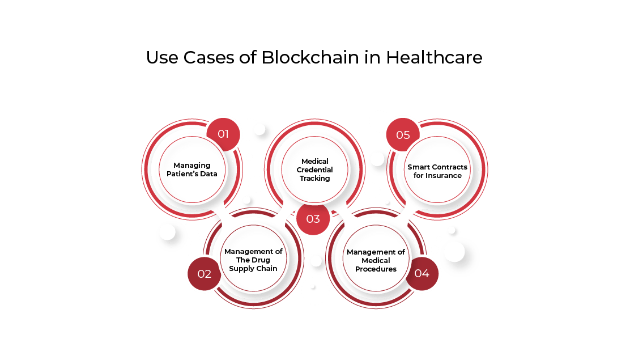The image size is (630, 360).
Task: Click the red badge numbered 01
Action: pos(223,134)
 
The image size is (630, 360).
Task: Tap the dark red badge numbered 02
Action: pos(204,274)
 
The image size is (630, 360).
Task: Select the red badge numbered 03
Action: pos(313,219)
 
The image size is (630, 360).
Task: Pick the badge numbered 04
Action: pos(422,273)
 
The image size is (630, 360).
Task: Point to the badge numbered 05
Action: pos(403,135)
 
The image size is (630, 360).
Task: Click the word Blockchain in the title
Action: pos(310,57)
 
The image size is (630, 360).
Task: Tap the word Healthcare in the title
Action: pos(435,57)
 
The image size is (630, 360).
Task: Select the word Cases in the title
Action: pos(208,57)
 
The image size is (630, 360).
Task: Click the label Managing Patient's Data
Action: pos(192,170)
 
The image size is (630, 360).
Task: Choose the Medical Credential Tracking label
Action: pos(314,170)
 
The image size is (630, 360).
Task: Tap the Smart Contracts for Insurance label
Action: pos(437,171)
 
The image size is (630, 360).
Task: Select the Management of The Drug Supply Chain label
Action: pos(253,260)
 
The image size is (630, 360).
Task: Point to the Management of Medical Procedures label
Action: pos(376,260)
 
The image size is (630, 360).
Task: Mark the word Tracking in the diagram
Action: pos(314,178)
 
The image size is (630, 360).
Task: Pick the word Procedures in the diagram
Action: pos(376,269)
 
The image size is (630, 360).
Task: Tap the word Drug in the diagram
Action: pos(261,260)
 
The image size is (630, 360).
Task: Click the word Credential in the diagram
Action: pos(314,170)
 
